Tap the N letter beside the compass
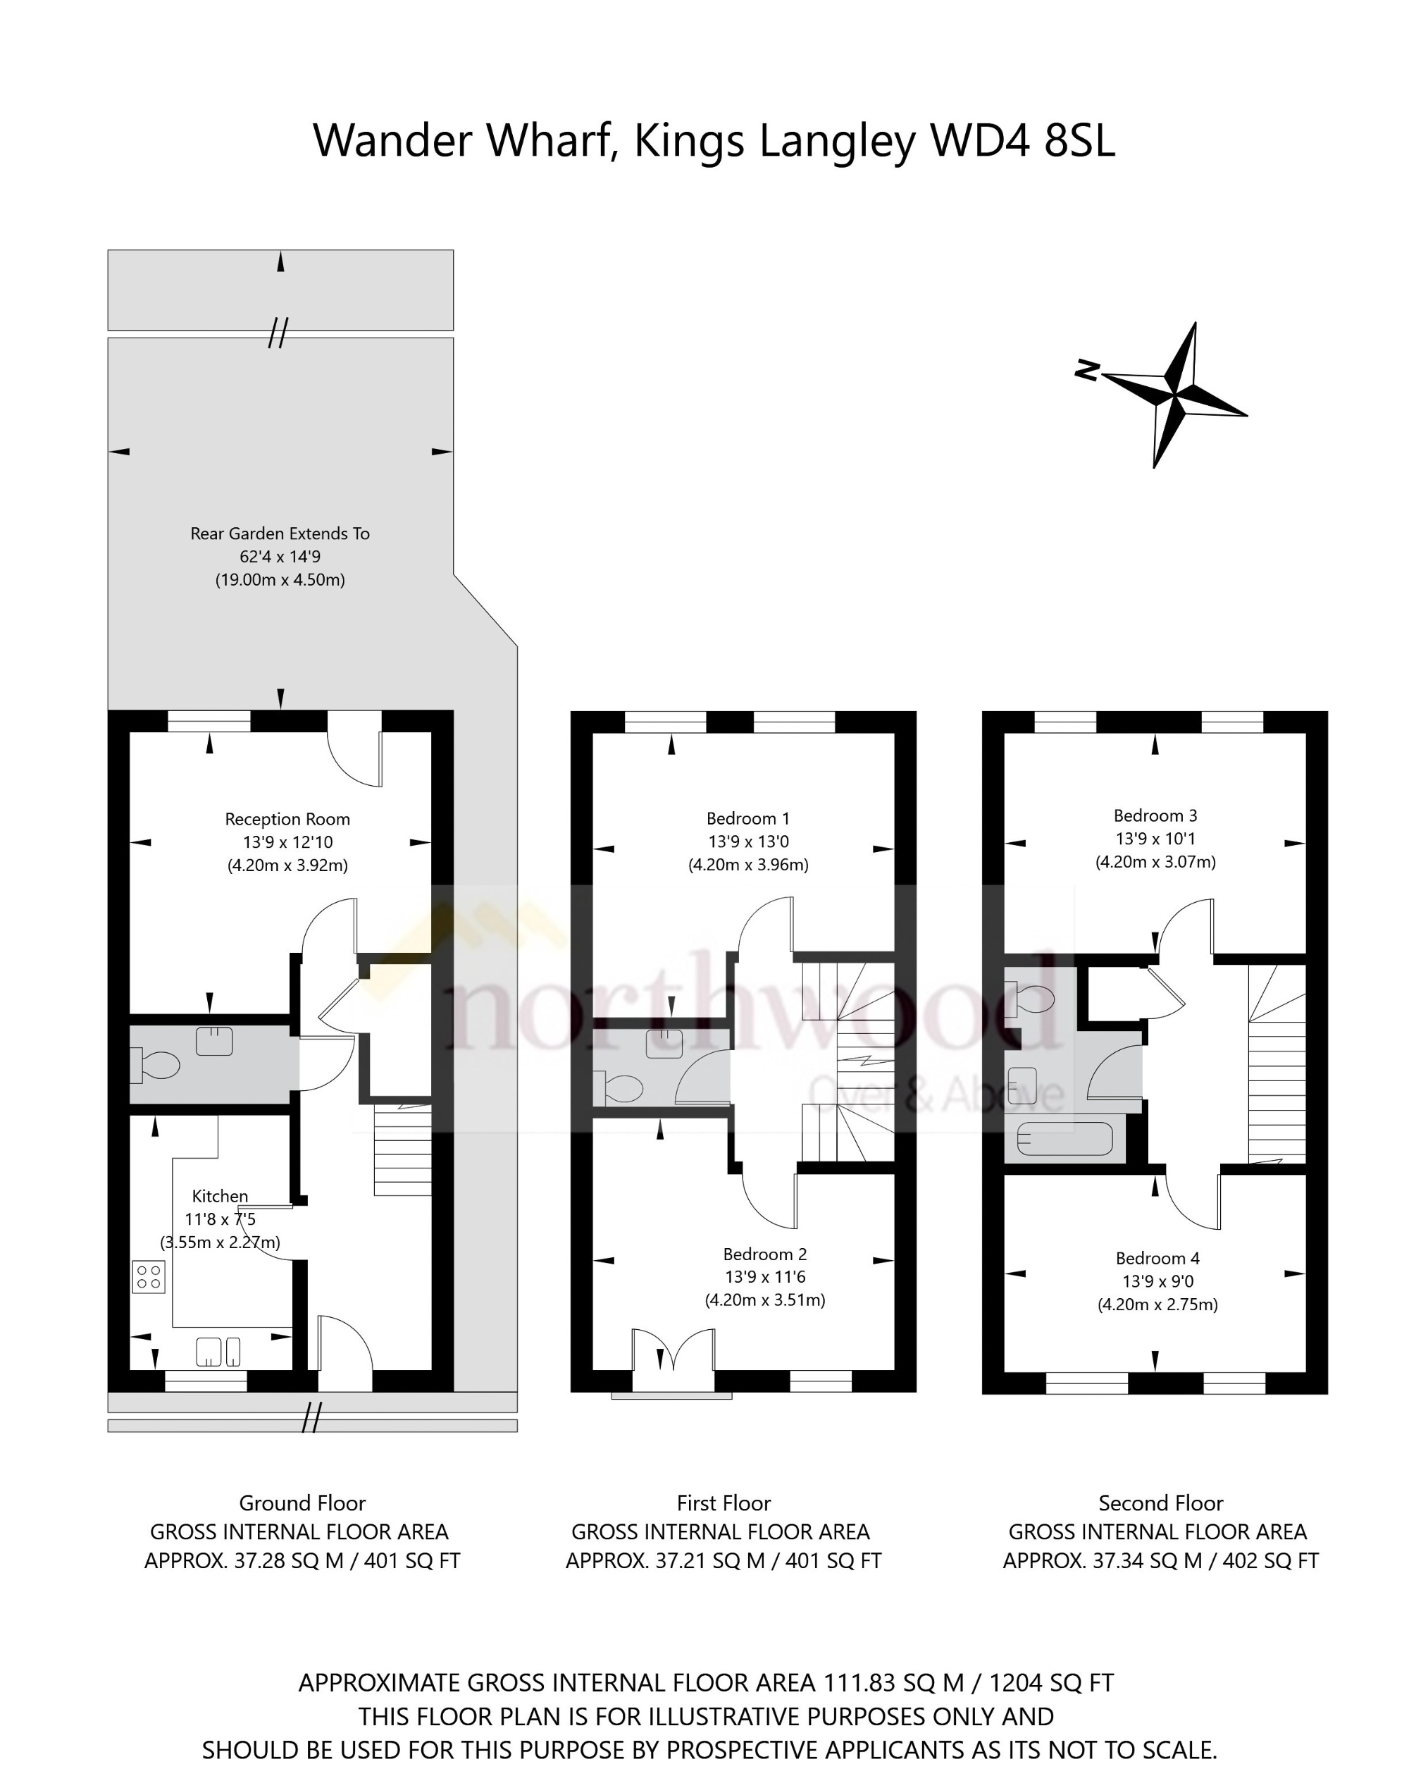tap(1088, 370)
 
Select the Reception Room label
tap(287, 819)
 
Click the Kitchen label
tap(220, 1196)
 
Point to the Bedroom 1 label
tap(747, 818)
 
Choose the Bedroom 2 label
tap(765, 1254)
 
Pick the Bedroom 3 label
tap(1155, 815)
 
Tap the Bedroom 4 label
tap(1157, 1258)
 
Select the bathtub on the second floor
tap(1064, 1139)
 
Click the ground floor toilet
tap(156, 1065)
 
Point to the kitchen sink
tap(218, 1351)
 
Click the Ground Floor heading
tap(302, 1503)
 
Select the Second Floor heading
tap(1160, 1503)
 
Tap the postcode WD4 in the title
tap(979, 141)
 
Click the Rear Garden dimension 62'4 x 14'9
tap(280, 557)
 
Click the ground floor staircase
tap(403, 1150)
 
